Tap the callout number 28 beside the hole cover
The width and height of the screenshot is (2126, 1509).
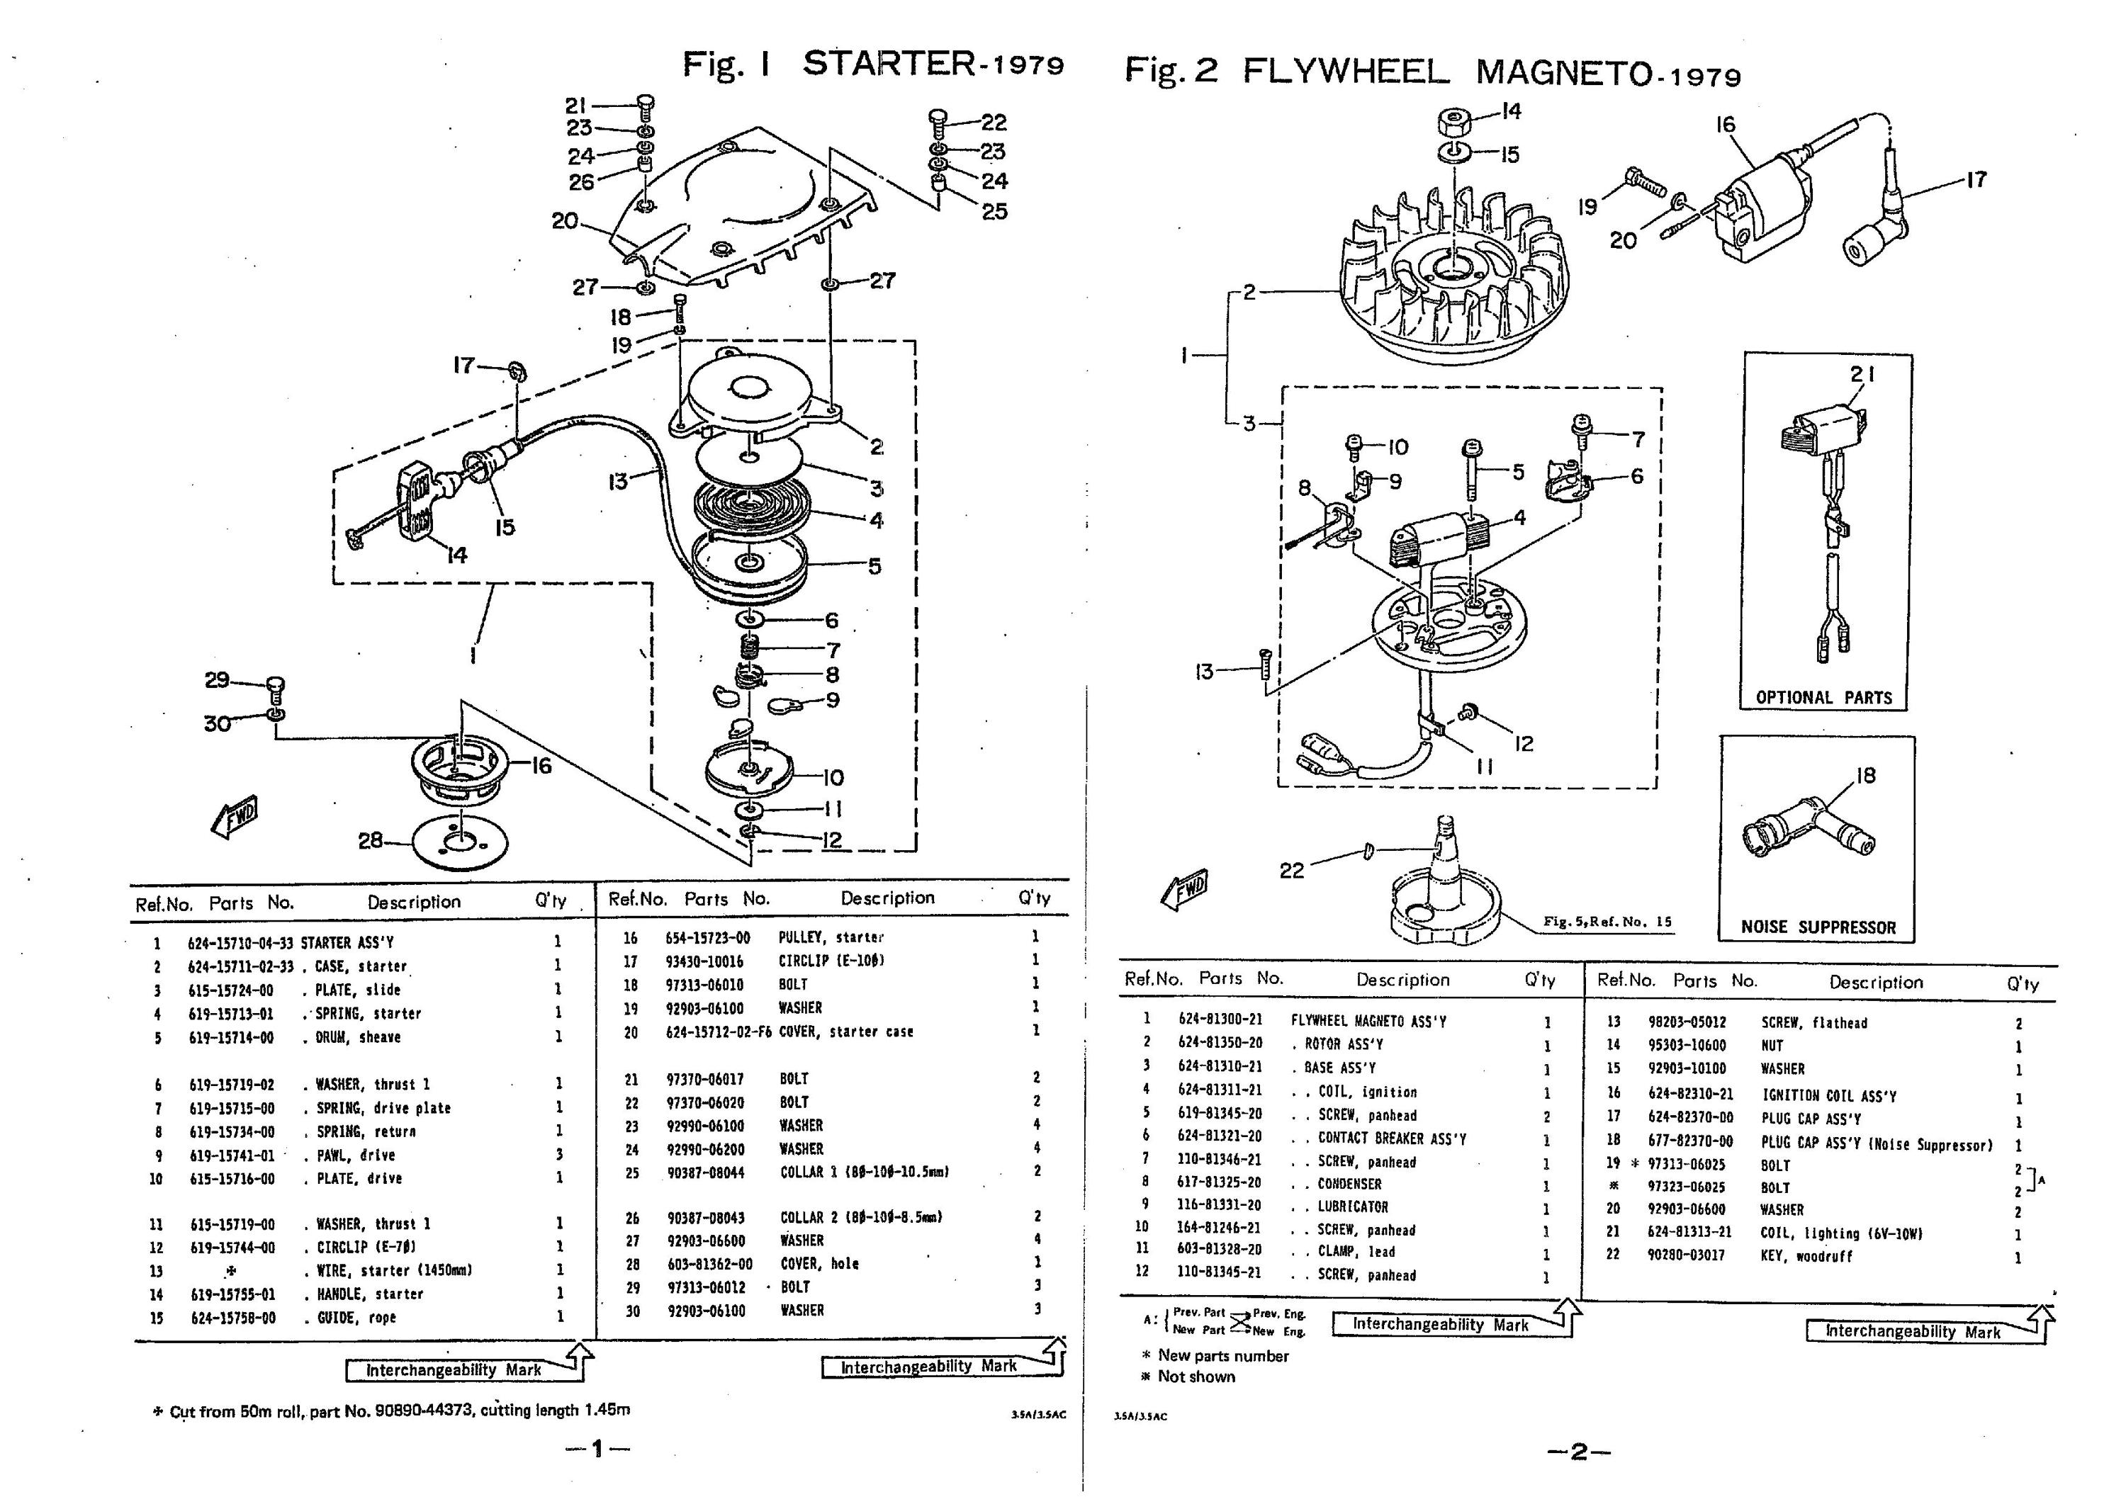[x=371, y=841]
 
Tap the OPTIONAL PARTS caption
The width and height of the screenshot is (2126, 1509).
[x=1823, y=698]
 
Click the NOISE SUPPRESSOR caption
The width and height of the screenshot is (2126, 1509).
[x=1818, y=927]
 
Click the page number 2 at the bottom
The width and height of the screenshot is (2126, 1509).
[x=1579, y=1452]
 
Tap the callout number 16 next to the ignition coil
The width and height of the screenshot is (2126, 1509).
[x=1726, y=125]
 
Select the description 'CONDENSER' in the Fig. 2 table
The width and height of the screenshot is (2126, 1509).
[x=1349, y=1185]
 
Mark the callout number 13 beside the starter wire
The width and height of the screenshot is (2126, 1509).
[x=618, y=481]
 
